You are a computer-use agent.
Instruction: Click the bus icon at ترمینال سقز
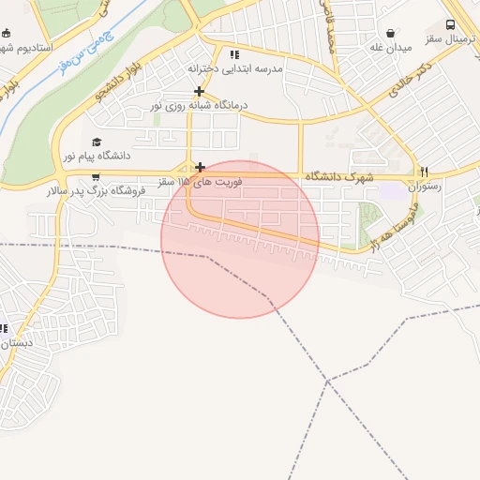[451, 25]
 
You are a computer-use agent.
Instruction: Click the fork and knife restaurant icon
[424, 172]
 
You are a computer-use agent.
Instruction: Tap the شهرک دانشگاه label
[338, 176]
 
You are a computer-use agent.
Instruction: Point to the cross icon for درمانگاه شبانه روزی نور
[199, 91]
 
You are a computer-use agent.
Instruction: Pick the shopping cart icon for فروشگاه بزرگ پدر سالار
[96, 175]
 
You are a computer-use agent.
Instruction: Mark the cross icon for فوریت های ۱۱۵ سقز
[200, 168]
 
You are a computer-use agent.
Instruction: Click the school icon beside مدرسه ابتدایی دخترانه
[234, 54]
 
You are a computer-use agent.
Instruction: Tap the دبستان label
[16, 343]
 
